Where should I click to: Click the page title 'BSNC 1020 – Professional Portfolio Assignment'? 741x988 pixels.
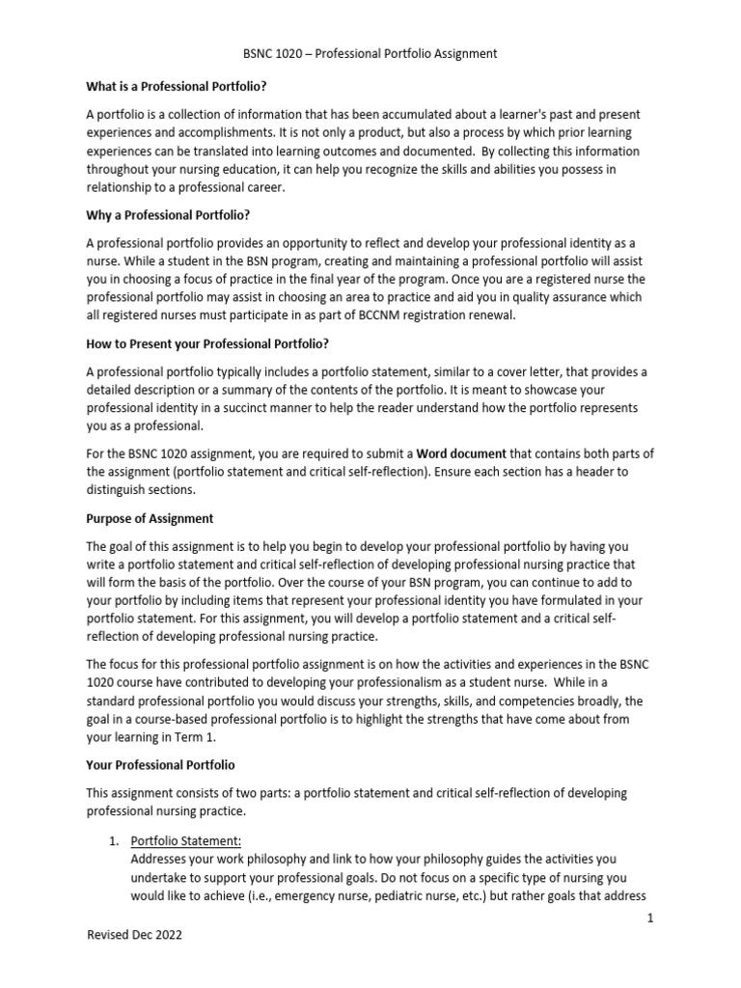[x=370, y=54]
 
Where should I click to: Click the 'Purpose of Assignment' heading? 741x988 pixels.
[x=150, y=518]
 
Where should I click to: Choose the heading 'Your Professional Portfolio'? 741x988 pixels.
[x=160, y=765]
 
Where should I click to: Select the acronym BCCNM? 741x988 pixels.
[x=362, y=315]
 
